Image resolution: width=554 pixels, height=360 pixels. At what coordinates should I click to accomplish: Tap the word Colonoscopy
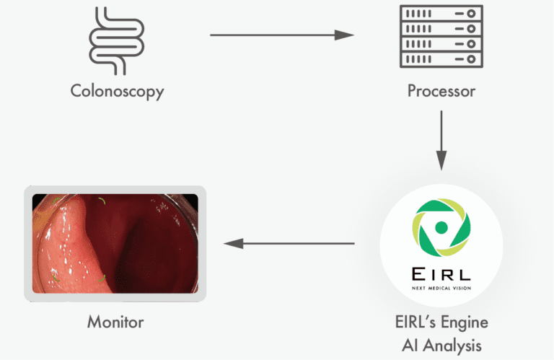pos(117,92)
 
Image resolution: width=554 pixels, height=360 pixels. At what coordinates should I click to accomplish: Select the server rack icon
pos(441,35)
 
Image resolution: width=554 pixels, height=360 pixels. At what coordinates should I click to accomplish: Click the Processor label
pos(441,92)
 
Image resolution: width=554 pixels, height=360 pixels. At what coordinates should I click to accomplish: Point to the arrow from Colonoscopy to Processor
pos(281,34)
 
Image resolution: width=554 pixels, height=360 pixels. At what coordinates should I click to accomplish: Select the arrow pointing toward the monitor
pos(289,244)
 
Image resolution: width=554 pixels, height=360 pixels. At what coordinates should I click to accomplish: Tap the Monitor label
pos(115,322)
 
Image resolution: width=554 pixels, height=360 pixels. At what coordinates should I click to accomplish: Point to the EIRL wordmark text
pos(441,274)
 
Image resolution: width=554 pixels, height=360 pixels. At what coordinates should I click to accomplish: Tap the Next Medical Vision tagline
pos(441,289)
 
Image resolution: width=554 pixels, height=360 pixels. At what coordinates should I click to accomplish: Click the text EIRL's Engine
pos(441,322)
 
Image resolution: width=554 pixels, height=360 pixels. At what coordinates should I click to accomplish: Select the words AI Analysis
pos(441,344)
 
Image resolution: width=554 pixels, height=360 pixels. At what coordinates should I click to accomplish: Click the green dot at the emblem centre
pos(441,227)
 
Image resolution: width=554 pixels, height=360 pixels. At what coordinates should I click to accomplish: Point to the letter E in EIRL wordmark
pos(416,274)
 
